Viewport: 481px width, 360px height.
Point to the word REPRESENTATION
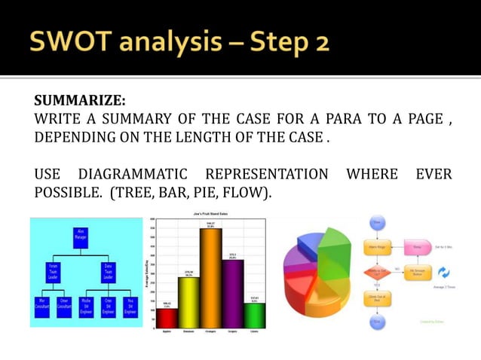267,175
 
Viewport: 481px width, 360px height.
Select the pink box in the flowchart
417,246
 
